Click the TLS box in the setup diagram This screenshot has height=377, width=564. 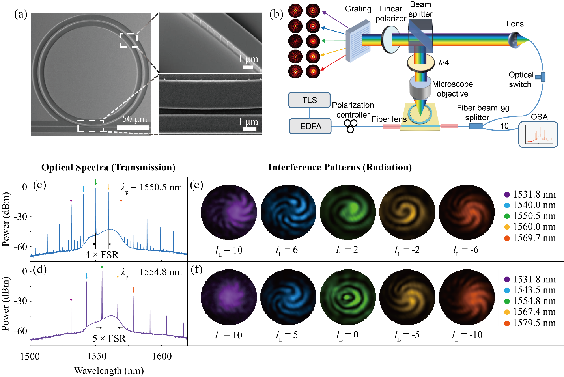pyautogui.click(x=309, y=100)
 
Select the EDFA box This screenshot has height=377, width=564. pyautogui.click(x=310, y=126)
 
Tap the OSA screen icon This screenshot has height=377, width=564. pyautogui.click(x=538, y=134)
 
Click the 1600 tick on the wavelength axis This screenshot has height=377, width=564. pyautogui.click(x=162, y=356)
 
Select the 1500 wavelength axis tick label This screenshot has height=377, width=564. pyautogui.click(x=30, y=356)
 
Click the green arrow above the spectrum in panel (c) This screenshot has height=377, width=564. pyautogui.click(x=96, y=182)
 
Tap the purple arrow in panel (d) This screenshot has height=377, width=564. pyautogui.click(x=71, y=299)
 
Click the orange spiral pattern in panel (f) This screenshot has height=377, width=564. pyautogui.click(x=467, y=297)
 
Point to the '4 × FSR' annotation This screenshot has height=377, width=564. pyautogui.click(x=102, y=255)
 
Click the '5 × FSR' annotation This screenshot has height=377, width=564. pyautogui.click(x=109, y=338)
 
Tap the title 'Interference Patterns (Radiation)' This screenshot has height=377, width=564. pyautogui.click(x=340, y=167)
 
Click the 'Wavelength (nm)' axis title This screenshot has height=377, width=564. pyautogui.click(x=109, y=371)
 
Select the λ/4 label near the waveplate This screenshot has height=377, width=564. pyautogui.click(x=444, y=63)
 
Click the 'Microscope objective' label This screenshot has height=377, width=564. pyautogui.click(x=452, y=89)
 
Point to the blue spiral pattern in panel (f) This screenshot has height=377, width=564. pyautogui.click(x=288, y=297)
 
